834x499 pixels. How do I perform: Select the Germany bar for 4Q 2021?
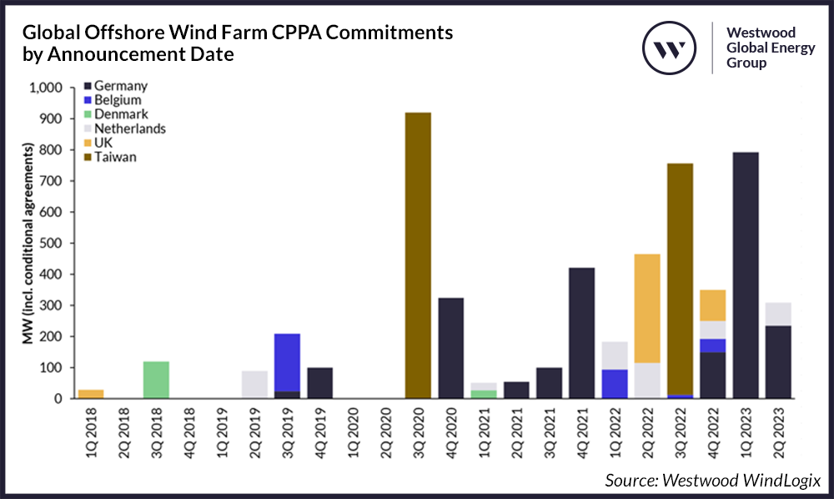[x=580, y=333]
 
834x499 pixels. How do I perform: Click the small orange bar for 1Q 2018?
[x=91, y=394]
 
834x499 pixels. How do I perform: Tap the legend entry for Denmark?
[x=123, y=114]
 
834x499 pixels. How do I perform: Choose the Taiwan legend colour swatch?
[x=88, y=157]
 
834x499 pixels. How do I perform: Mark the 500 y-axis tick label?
[x=52, y=244]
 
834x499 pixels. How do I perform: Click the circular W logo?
[x=669, y=48]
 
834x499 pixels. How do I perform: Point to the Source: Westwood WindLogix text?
[x=713, y=480]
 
